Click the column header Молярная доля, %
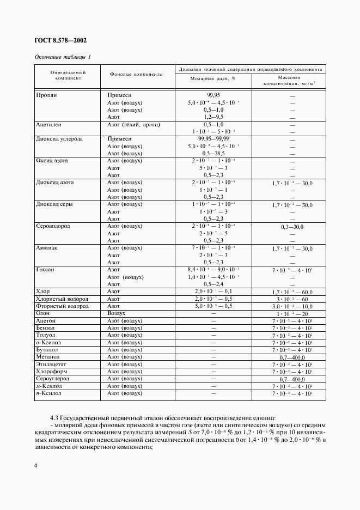tap(212, 78)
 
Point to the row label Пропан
tap(46, 95)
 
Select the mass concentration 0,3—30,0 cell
tap(292, 226)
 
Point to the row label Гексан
tap(45, 270)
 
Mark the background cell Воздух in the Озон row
tap(117, 314)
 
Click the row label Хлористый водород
tap(62, 299)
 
